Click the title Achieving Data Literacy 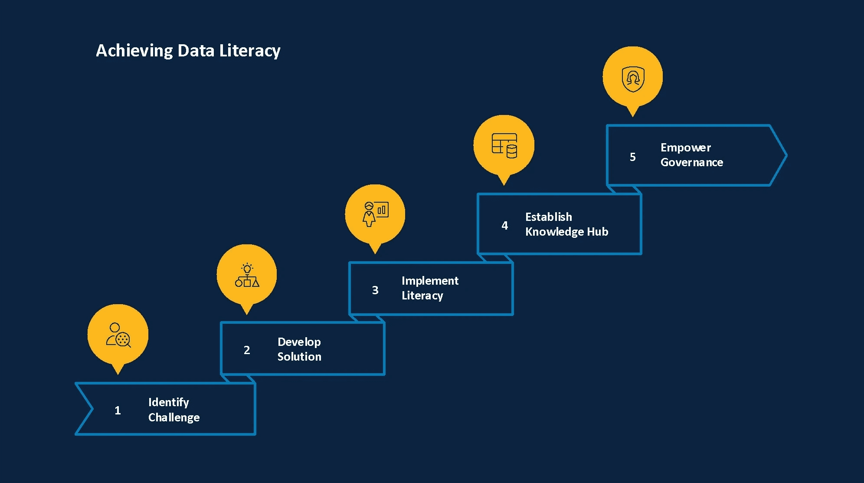[x=188, y=51]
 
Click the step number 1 [x=118, y=411]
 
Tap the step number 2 [x=247, y=350]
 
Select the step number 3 [x=375, y=290]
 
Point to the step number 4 [x=504, y=226]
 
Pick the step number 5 [x=632, y=157]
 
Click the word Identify [x=168, y=403]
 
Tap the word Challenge [x=174, y=417]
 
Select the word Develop [x=299, y=342]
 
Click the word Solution [x=299, y=357]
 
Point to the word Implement [x=430, y=281]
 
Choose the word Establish [x=548, y=217]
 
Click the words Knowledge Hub [x=566, y=232]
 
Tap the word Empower [x=685, y=148]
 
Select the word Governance [x=691, y=162]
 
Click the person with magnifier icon [x=118, y=335]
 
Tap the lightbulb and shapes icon [x=247, y=275]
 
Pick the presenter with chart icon [x=375, y=214]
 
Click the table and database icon [x=504, y=145]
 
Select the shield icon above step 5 [x=633, y=79]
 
